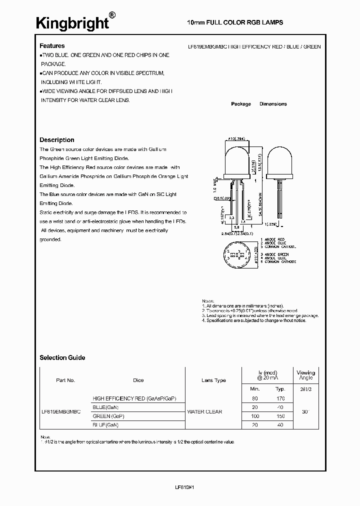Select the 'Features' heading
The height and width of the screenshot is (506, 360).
point(52,46)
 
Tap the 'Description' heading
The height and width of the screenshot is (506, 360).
point(57,140)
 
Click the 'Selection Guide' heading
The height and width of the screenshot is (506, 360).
point(62,357)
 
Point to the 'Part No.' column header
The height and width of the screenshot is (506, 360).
point(65,380)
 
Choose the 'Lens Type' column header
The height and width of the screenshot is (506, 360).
point(213,380)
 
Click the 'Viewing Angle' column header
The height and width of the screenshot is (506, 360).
point(305,375)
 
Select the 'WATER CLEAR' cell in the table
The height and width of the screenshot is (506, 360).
point(204,412)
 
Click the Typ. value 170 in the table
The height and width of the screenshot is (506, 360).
point(280,398)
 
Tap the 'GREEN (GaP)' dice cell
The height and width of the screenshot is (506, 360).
point(108,416)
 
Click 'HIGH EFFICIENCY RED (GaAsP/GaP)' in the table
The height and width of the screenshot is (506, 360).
point(134,398)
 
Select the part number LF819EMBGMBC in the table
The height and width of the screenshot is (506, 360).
point(60,412)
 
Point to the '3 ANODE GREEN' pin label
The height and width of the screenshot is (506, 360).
point(280,255)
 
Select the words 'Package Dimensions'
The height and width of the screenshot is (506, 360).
point(259,104)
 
